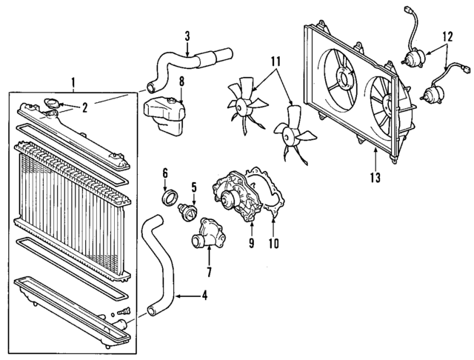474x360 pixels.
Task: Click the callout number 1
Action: tap(72, 81)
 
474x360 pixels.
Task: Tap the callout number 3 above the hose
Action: tap(187, 35)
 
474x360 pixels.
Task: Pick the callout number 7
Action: tap(208, 272)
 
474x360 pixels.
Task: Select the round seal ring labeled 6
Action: tap(170, 199)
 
